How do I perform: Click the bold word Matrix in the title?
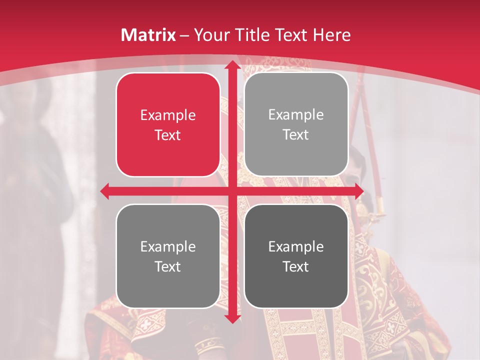coord(148,35)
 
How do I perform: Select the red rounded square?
coord(168,124)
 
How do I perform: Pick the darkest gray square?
coord(296,256)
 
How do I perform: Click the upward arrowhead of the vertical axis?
coord(232,65)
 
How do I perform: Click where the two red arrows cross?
coord(232,191)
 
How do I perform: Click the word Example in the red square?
coord(168,115)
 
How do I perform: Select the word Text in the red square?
coord(168,135)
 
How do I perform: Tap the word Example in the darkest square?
coord(296,246)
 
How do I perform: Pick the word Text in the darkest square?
coord(296,266)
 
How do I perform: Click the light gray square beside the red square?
coord(296,124)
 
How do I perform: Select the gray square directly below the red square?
coord(168,256)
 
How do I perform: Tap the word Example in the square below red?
coord(168,246)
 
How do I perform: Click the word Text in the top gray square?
coord(296,135)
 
